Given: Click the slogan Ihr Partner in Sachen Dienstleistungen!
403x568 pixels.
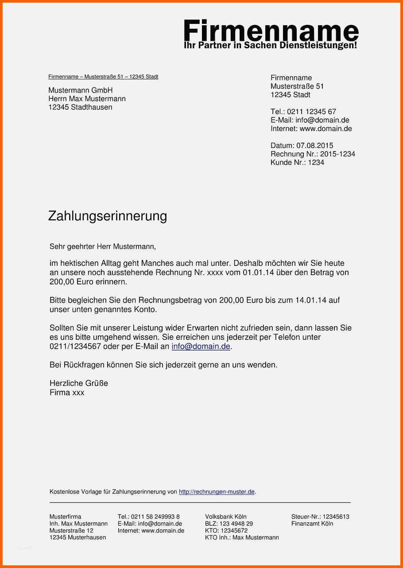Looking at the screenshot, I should pyautogui.click(x=270, y=46).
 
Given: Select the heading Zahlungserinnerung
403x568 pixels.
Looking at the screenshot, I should pyautogui.click(x=108, y=216).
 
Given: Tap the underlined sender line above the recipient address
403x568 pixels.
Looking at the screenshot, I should pyautogui.click(x=103, y=77).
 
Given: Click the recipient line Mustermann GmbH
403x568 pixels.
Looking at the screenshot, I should pyautogui.click(x=81, y=90).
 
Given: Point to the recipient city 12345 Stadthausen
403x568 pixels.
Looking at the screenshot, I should pyautogui.click(x=80, y=107).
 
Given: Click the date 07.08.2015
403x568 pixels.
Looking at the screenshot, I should pyautogui.click(x=315, y=146).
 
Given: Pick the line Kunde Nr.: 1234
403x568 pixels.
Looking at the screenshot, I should pyautogui.click(x=297, y=163).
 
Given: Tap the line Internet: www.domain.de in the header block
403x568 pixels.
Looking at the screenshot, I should pyautogui.click(x=311, y=129).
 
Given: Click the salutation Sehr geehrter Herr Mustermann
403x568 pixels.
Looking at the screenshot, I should pyautogui.click(x=103, y=246).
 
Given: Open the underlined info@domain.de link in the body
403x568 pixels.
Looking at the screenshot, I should pyautogui.click(x=201, y=346).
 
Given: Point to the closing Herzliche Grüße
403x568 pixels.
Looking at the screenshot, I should pyautogui.click(x=79, y=383).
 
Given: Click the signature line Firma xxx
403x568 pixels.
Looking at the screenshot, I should pyautogui.click(x=67, y=393).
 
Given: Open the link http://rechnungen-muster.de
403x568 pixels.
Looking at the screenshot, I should pyautogui.click(x=217, y=492).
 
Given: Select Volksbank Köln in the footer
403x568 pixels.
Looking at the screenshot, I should pyautogui.click(x=226, y=517).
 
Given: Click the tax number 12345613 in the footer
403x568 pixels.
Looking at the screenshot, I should pyautogui.click(x=336, y=517).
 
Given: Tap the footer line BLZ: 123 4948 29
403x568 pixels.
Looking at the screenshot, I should pyautogui.click(x=229, y=524).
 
